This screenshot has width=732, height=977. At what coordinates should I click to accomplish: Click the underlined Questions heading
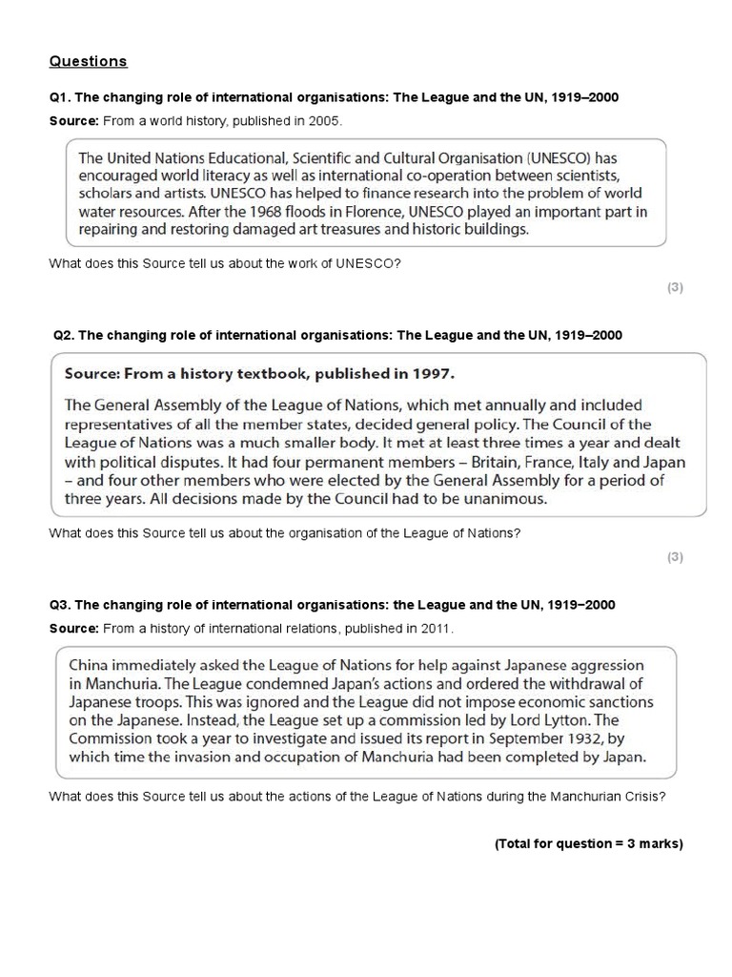(x=88, y=62)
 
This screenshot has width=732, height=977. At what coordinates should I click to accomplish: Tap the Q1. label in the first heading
(x=60, y=99)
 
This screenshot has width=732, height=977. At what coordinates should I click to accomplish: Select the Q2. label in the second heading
(x=65, y=335)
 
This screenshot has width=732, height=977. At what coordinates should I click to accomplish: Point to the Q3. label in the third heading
(x=60, y=605)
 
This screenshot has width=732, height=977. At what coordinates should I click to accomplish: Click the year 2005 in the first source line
(x=323, y=122)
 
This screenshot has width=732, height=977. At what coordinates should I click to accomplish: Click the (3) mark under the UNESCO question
(x=675, y=287)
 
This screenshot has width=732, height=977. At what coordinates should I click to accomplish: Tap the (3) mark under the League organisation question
(x=675, y=557)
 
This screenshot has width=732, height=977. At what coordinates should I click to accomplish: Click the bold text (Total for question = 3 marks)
(x=588, y=844)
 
